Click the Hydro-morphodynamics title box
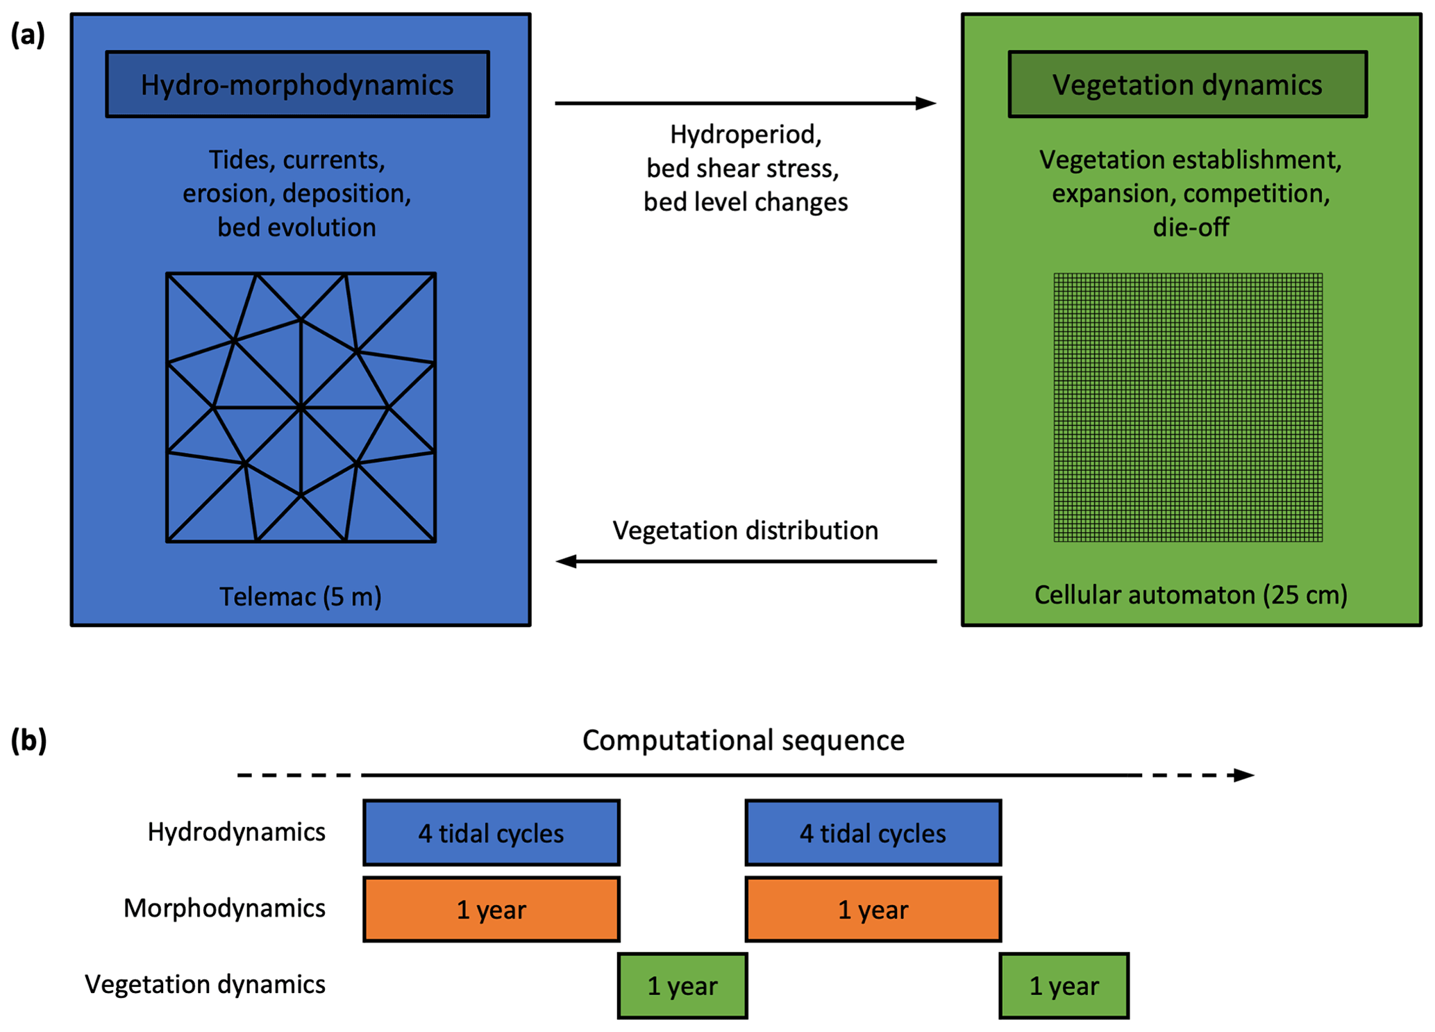click(297, 84)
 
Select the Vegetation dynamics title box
click(1187, 84)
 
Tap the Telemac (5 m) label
click(301, 597)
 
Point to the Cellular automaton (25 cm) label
click(1191, 595)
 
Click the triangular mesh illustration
click(301, 407)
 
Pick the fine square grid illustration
click(1188, 407)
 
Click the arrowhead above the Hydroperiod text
click(926, 103)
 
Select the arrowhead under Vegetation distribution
click(567, 561)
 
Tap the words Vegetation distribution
click(745, 531)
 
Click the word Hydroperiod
click(745, 135)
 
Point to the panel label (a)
click(28, 34)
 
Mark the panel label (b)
click(28, 740)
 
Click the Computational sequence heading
click(743, 740)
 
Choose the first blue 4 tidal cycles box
click(491, 833)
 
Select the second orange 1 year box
click(873, 909)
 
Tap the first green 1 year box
click(682, 985)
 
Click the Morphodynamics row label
click(224, 908)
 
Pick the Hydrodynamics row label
click(236, 832)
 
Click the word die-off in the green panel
click(1191, 227)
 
